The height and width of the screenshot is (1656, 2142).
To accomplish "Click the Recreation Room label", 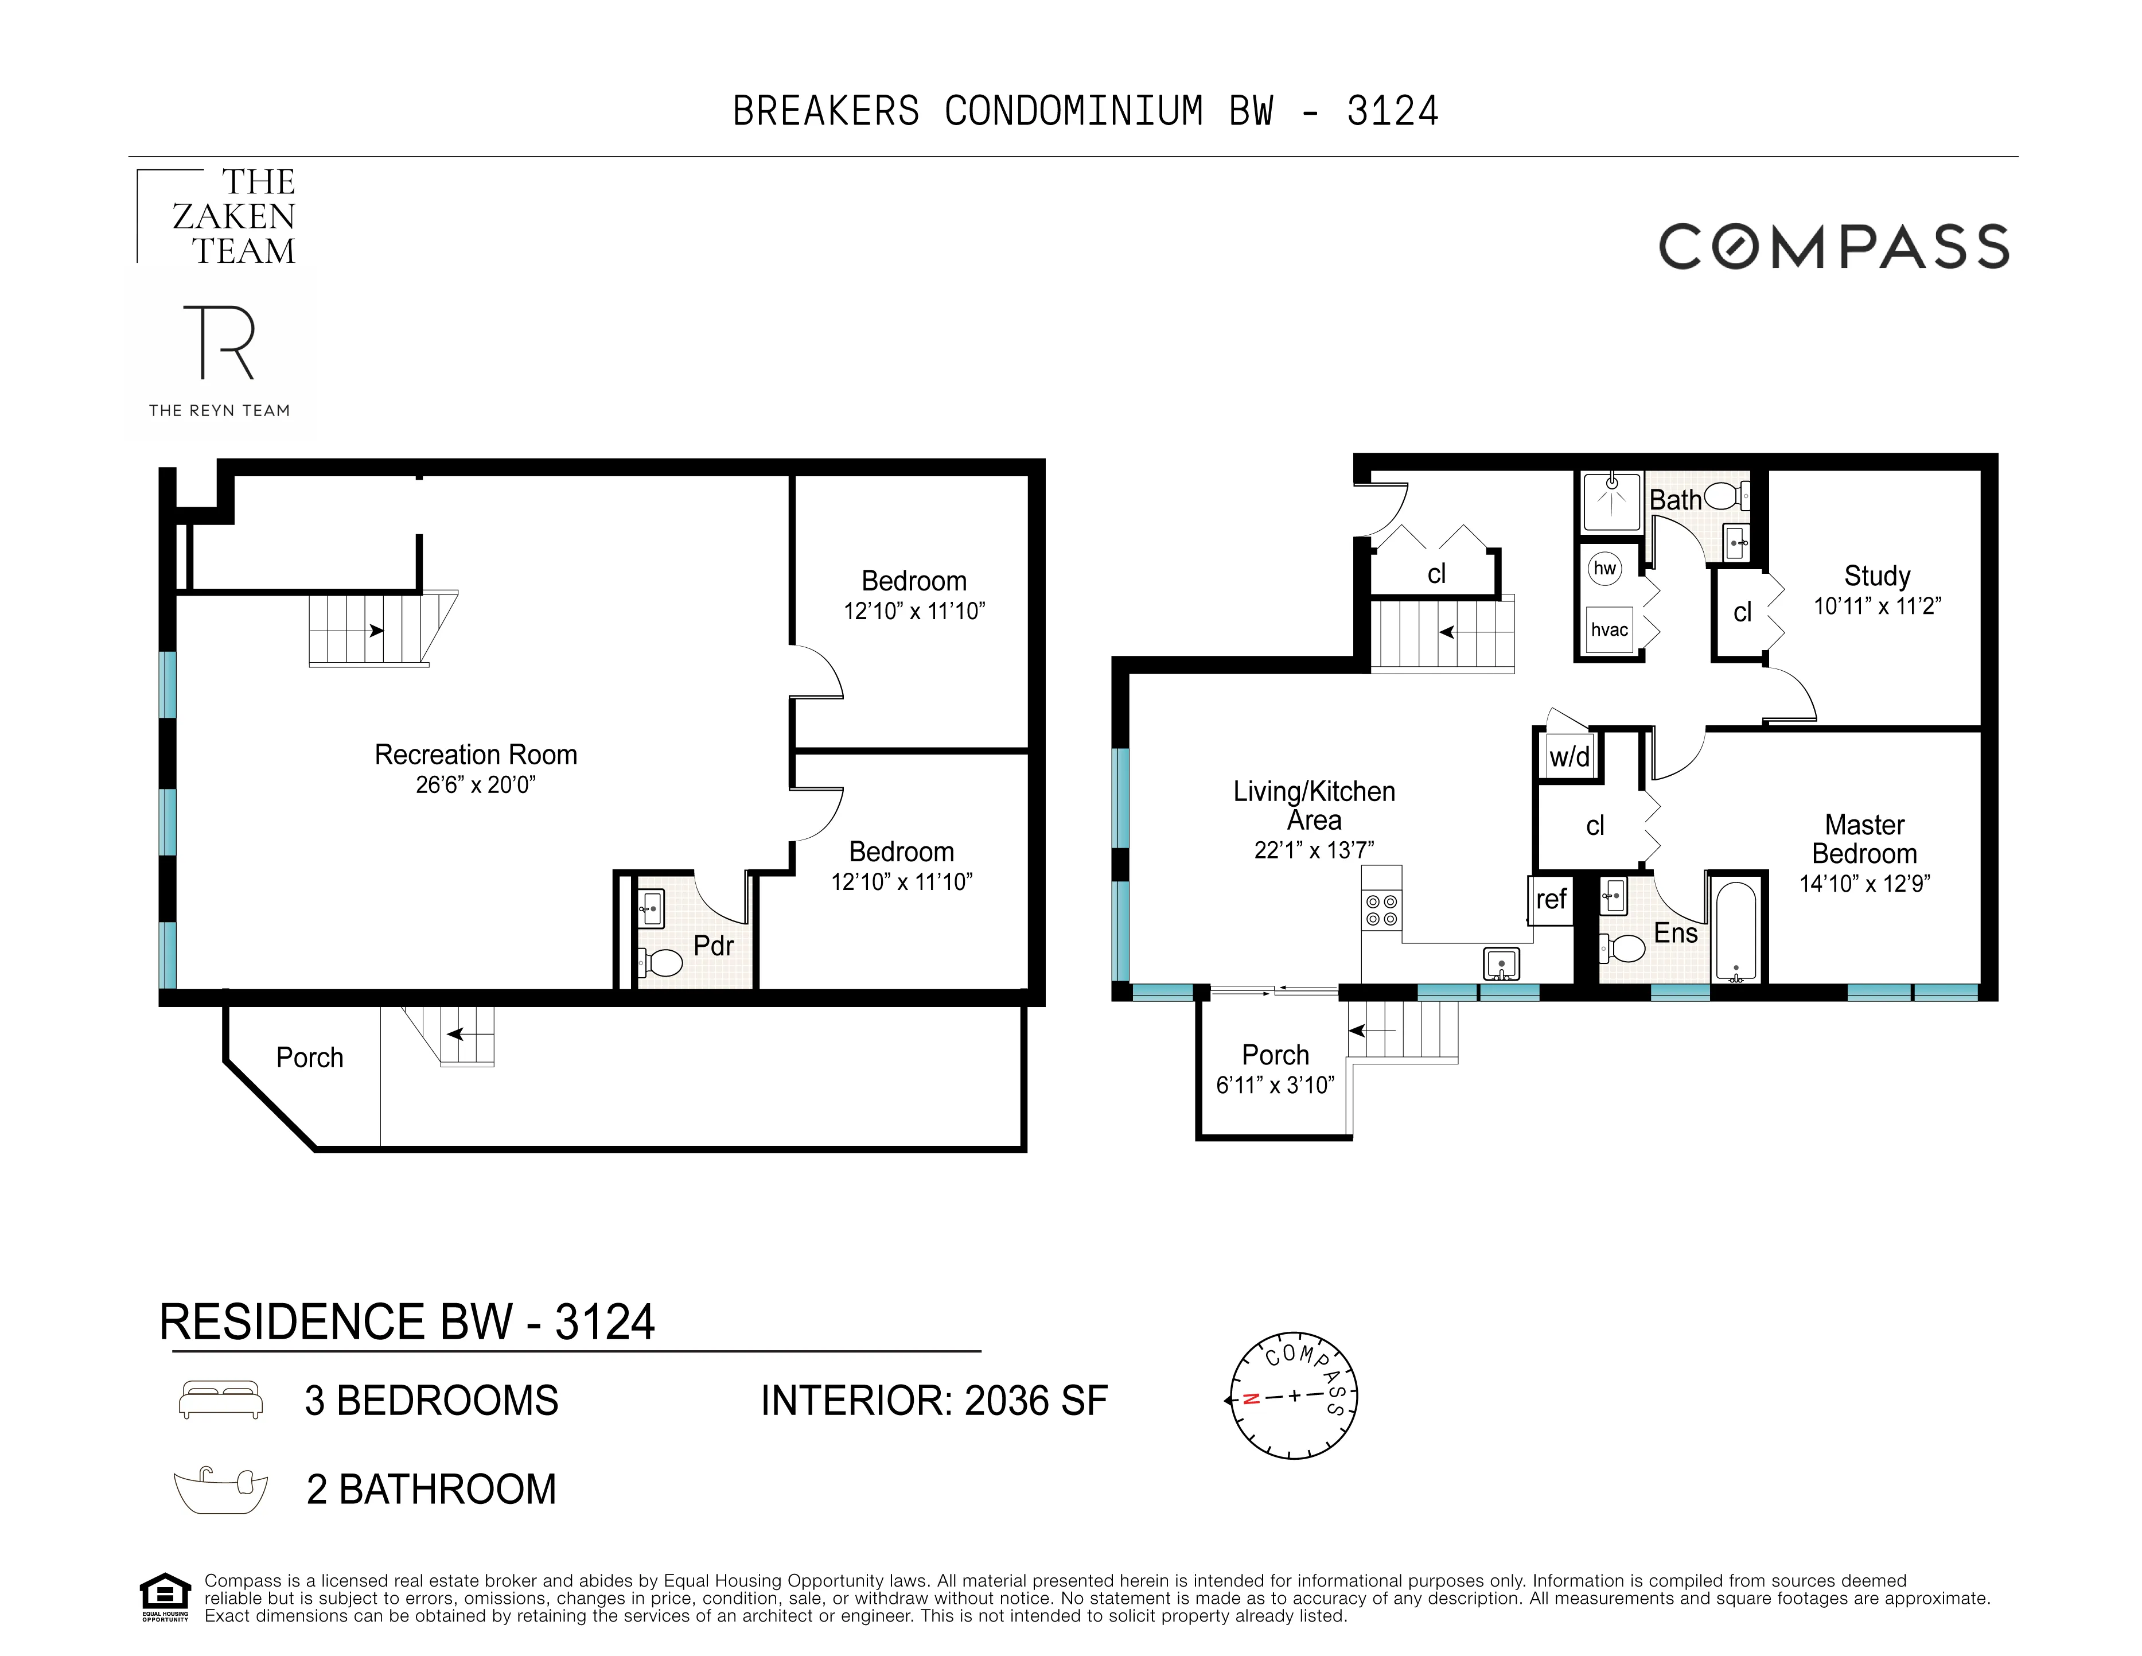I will tap(476, 755).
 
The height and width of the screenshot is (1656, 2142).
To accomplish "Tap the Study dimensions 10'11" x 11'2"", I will tap(1876, 607).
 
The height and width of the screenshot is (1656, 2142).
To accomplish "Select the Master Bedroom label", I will tap(1863, 839).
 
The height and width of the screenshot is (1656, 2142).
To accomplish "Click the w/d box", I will tap(1569, 756).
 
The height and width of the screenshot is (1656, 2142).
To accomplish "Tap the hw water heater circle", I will tap(1604, 568).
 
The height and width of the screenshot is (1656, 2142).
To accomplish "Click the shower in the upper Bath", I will tap(1611, 502).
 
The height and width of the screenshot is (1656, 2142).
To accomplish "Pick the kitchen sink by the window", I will tap(1501, 963).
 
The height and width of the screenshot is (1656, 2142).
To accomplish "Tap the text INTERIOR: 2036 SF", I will tap(934, 1401).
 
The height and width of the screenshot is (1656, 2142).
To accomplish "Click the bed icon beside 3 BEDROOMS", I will tap(221, 1400).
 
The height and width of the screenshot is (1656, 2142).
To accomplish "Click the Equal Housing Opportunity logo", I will tap(165, 1597).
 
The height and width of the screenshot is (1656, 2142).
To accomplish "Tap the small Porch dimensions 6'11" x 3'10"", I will tap(1275, 1085).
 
